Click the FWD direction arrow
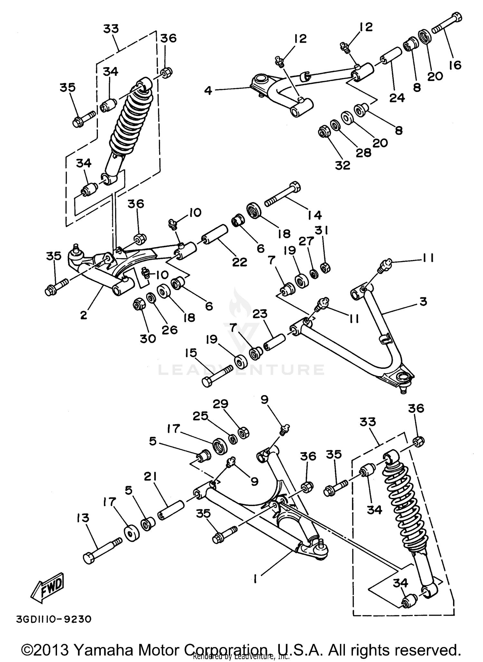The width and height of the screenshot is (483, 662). point(48,588)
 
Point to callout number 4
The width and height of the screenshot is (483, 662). point(208,91)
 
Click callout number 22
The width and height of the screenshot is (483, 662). point(240,262)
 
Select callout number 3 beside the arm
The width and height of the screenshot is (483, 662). point(423,301)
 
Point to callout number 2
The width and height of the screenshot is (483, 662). point(84,315)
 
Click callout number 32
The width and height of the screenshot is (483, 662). point(342,165)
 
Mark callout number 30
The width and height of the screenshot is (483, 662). point(148,338)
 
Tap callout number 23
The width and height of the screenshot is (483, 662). point(260,313)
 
